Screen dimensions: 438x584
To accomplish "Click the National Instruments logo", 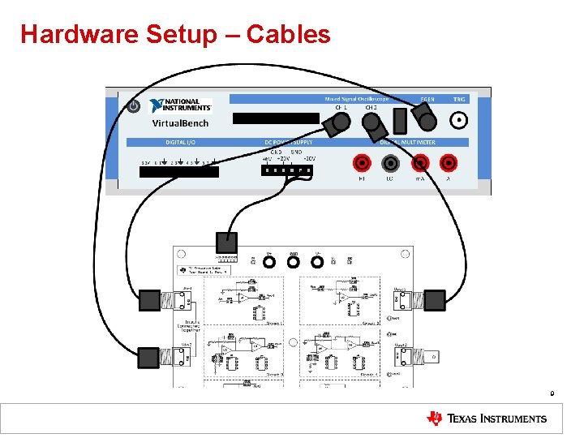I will point(181,105).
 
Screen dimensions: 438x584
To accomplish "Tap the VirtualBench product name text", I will point(180,123).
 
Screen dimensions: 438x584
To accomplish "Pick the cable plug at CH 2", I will point(372,124).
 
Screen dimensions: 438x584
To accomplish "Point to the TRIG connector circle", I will point(459,121).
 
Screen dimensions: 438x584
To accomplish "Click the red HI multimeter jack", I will point(362,163).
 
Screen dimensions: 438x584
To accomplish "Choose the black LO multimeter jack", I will point(391,163).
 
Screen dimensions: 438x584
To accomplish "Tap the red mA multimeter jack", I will point(420,163).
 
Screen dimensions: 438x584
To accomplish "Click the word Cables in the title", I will point(288,34).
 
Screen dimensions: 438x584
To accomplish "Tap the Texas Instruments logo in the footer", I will point(487,419).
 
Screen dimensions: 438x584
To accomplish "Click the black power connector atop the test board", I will point(227,242).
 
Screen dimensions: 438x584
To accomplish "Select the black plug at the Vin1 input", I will point(150,301).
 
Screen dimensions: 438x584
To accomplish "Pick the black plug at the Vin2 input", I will point(150,357).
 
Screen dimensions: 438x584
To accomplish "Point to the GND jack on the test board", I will point(294,261).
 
